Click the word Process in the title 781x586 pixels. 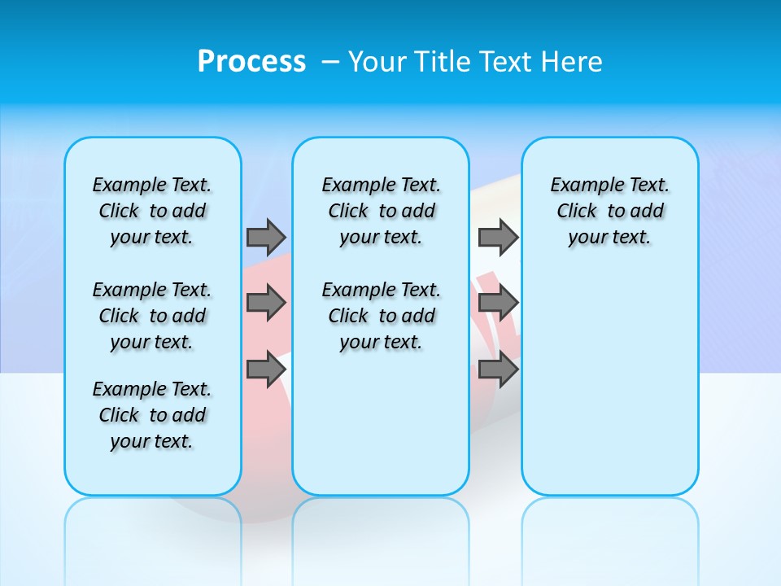tap(251, 61)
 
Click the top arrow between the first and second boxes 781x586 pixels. tap(266, 237)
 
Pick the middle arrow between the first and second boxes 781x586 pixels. tap(266, 303)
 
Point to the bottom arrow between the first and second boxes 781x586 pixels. tap(266, 369)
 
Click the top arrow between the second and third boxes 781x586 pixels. tap(498, 237)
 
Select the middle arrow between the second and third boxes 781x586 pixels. tap(498, 303)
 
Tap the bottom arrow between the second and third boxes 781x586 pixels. tap(498, 369)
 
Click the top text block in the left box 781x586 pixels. tap(152, 211)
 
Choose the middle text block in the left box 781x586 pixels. tap(152, 316)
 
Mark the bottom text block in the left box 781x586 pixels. tap(152, 415)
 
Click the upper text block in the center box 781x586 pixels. tap(381, 211)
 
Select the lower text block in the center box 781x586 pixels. tap(381, 316)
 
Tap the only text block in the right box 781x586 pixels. tap(610, 211)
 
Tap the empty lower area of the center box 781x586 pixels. tap(381, 423)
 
